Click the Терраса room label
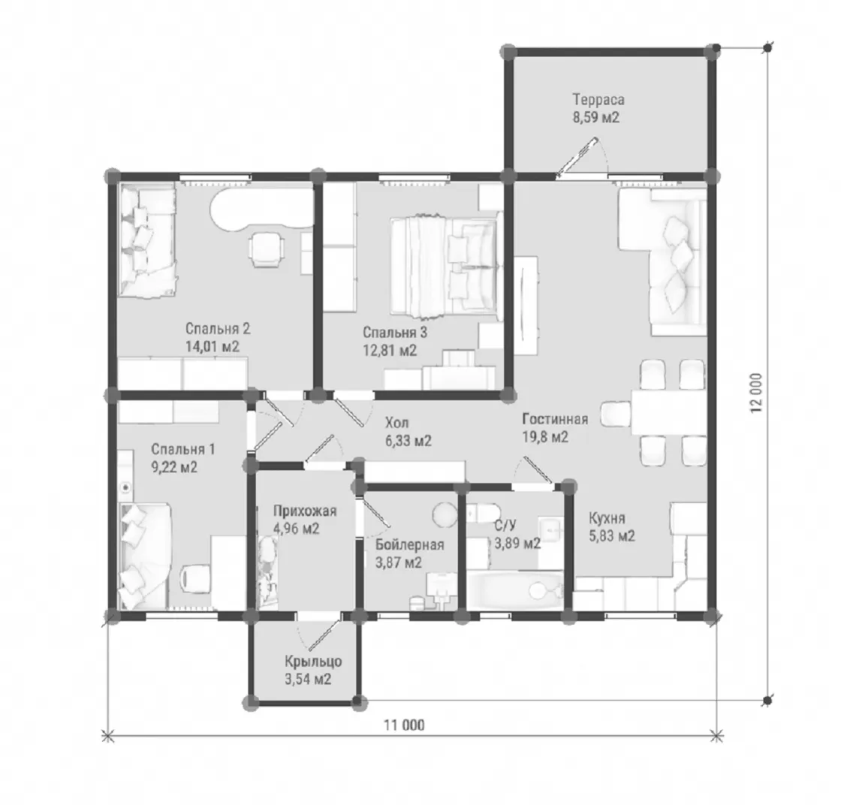598,101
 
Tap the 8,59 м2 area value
596,117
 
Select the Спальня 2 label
218,329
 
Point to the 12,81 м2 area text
390,351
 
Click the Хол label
396,424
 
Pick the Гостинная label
555,419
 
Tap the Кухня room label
607,519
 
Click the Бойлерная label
409,545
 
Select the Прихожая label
305,511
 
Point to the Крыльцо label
312,662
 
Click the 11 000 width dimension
404,725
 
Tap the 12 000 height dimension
756,393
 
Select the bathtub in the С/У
515,590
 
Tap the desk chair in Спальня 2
266,249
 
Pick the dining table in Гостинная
669,412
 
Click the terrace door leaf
577,157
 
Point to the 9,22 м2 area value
174,467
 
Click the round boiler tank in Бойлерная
445,514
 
